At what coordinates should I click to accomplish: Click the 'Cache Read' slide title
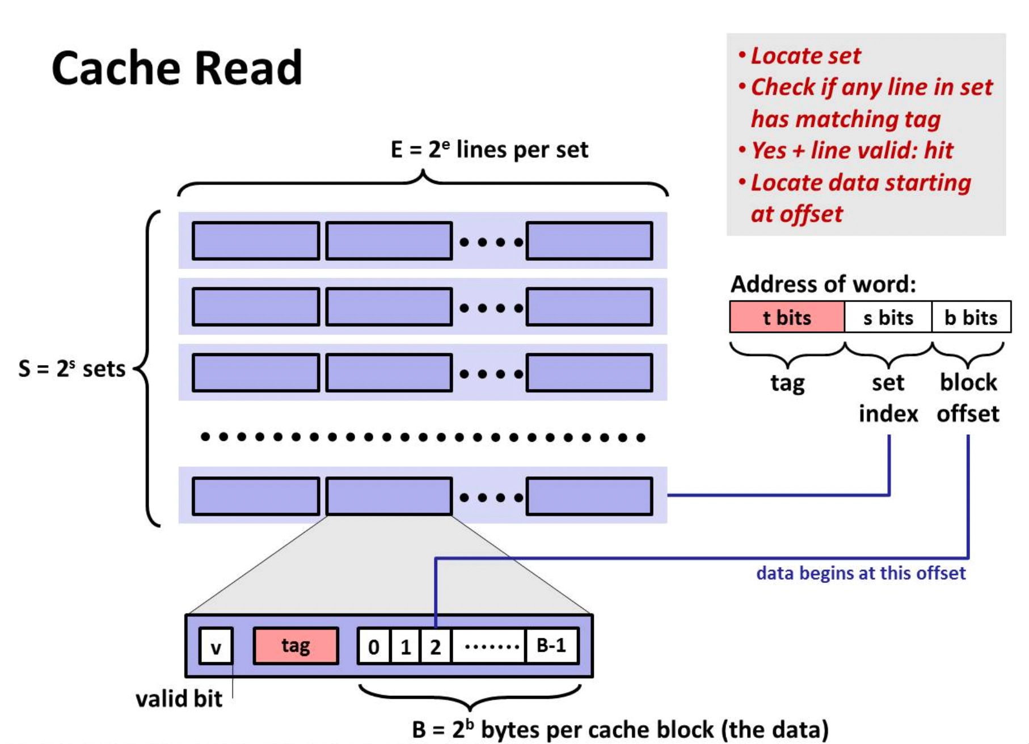click(x=177, y=68)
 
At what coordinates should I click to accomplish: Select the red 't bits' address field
click(x=787, y=317)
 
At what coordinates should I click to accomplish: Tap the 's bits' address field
click(x=888, y=317)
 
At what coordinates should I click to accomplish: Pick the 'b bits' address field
click(x=971, y=317)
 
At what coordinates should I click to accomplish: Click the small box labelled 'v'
click(x=216, y=646)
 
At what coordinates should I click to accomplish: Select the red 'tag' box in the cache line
click(x=296, y=646)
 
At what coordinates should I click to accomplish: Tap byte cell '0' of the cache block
click(x=374, y=646)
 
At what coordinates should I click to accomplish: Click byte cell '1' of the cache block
click(x=405, y=646)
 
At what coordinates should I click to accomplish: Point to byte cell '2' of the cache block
click(x=436, y=646)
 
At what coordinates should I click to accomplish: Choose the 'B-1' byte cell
click(x=552, y=646)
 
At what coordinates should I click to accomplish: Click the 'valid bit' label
click(x=179, y=699)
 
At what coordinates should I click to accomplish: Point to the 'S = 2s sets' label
click(x=71, y=369)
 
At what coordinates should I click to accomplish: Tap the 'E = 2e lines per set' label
click(x=489, y=150)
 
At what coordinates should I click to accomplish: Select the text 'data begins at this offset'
click(x=861, y=573)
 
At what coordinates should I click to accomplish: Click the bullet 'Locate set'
click(x=800, y=56)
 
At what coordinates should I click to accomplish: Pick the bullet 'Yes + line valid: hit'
click(x=846, y=151)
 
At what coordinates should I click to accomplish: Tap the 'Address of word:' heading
click(x=823, y=284)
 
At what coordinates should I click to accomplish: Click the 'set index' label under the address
click(x=888, y=398)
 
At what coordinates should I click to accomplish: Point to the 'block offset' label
click(x=968, y=398)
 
